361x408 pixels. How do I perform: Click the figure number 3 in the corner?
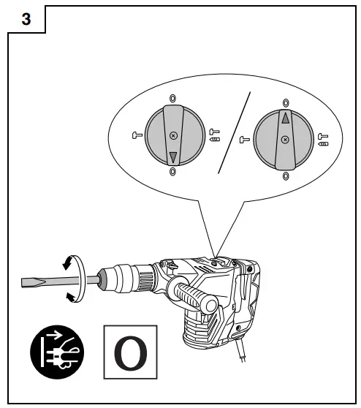tap(26, 20)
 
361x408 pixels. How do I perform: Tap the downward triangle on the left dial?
tap(172, 156)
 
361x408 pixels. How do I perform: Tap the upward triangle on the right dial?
tap(285, 117)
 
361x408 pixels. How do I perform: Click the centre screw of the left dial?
tap(172, 136)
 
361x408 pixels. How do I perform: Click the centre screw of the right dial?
tap(285, 139)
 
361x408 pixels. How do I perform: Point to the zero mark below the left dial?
tap(172, 173)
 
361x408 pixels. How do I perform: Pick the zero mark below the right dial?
tap(285, 176)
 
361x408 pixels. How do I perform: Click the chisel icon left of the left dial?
tap(136, 134)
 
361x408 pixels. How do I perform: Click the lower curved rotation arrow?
tap(68, 295)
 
